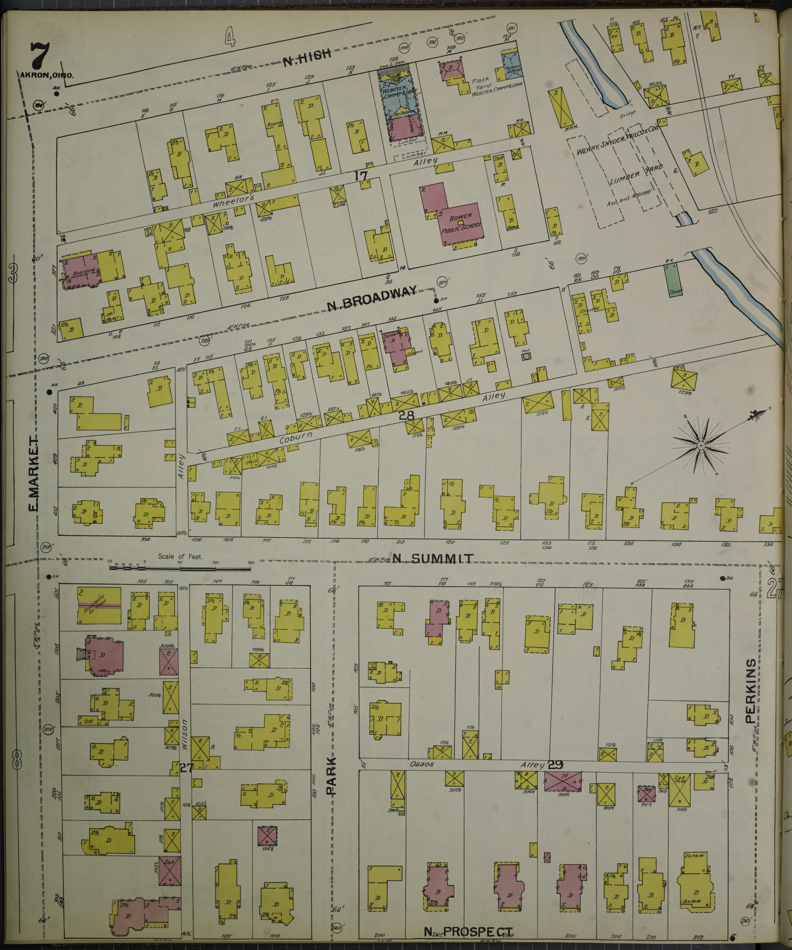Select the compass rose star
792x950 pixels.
pos(700,446)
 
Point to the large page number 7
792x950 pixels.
pos(39,56)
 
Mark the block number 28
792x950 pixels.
pos(406,416)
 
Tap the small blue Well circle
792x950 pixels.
pos(526,357)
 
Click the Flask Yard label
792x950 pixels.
pos(480,83)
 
